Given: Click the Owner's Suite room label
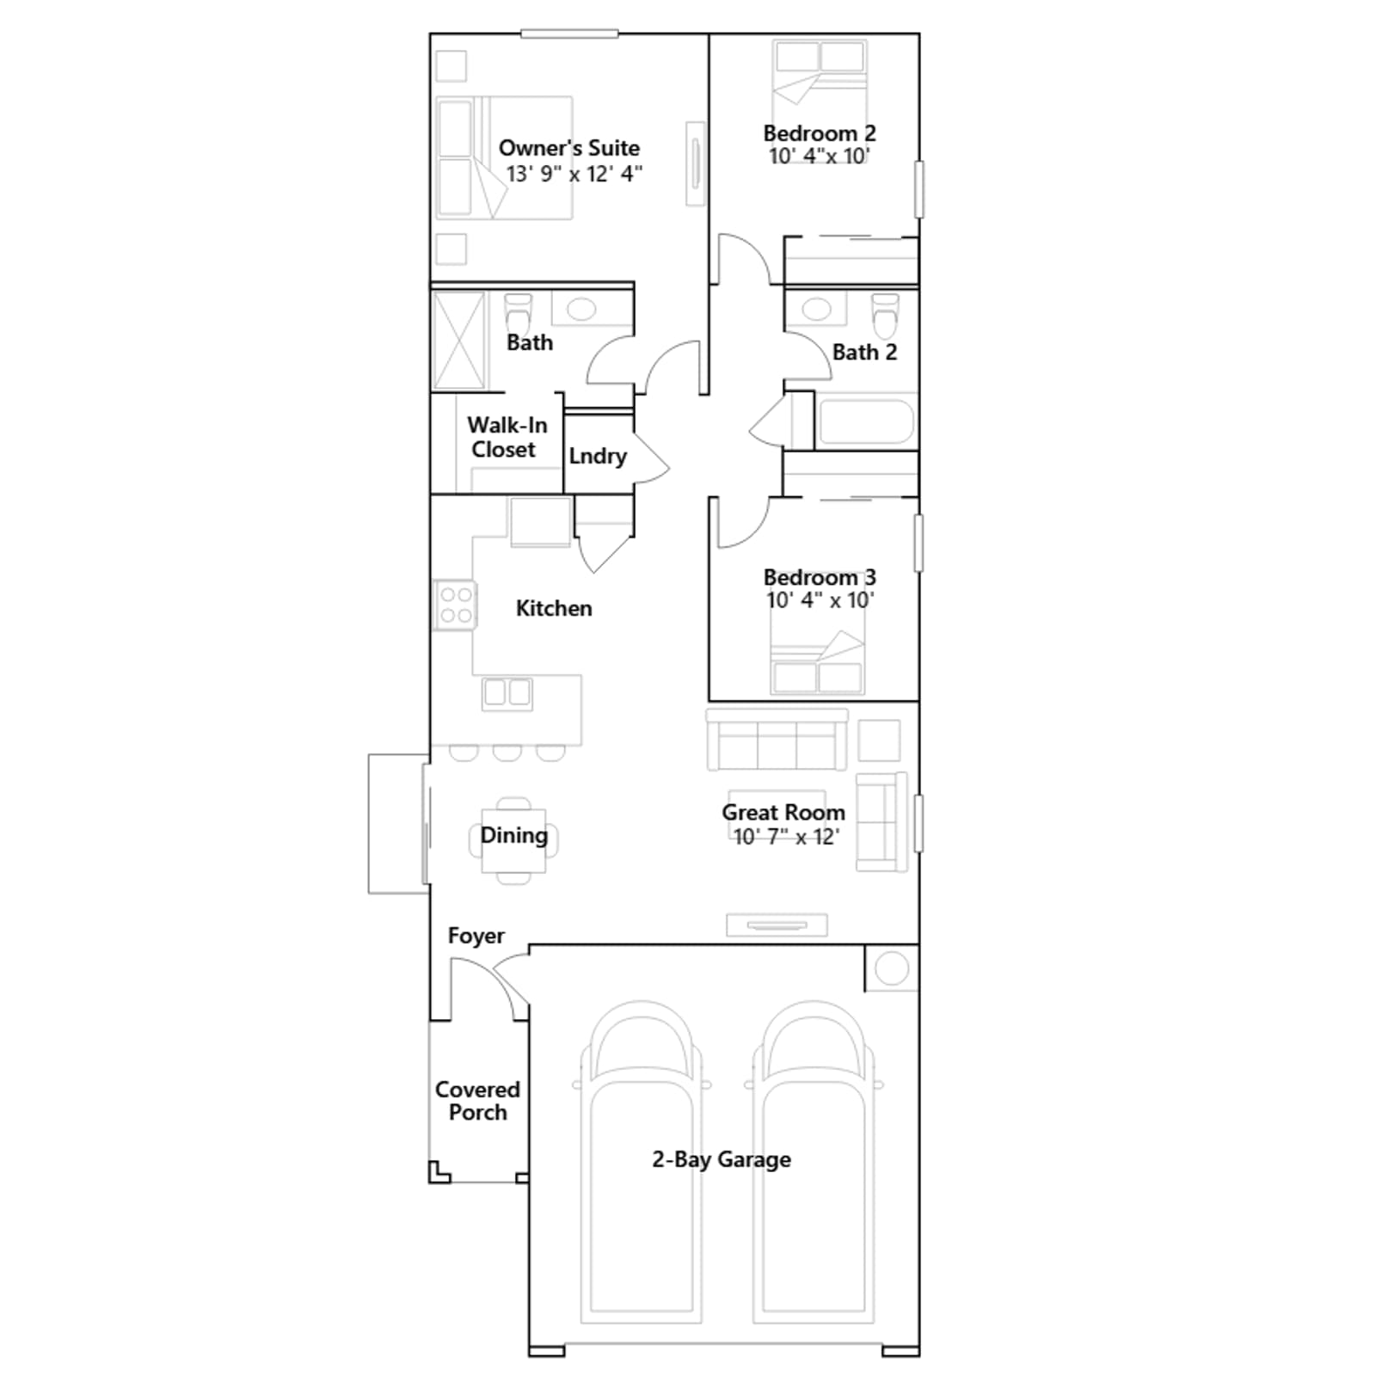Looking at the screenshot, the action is point(569,148).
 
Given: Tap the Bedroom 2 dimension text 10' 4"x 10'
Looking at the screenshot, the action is point(820,156).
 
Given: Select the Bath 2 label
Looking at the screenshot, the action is point(864,352).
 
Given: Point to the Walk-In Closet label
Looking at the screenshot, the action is point(507,437).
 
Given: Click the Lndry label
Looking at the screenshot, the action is point(598,456).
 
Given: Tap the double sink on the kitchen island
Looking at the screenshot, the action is point(507,693).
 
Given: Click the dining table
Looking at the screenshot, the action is point(513,840).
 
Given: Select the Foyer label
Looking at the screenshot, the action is point(476,936).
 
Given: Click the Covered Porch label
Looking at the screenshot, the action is point(477,1101).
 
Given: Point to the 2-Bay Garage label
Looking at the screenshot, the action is point(722,1159).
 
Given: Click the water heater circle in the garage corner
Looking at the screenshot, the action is point(892,968).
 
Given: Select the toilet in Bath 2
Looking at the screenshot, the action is point(884,315).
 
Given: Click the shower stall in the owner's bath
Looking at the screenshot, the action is point(459,341).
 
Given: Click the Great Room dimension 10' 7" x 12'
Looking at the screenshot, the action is point(786,837).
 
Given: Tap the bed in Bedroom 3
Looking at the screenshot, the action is point(817,651).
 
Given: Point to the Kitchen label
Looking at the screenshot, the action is point(554,608).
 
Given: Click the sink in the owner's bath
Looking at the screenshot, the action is point(581,309).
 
